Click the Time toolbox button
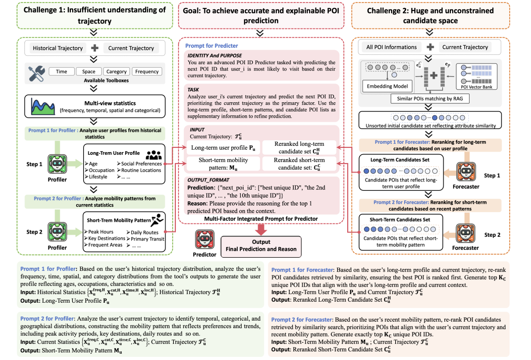point(61,72)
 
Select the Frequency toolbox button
point(147,72)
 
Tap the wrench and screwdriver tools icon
point(37,73)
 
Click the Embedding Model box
point(387,86)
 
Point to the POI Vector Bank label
point(476,87)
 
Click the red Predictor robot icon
point(205,239)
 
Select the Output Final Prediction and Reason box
point(261,246)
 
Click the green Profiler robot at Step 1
point(57,164)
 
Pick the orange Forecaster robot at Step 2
point(465,234)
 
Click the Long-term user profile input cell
point(223,148)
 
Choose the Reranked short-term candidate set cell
point(299,164)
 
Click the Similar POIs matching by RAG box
point(430,99)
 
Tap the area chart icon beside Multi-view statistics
point(42,106)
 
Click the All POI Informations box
point(391,47)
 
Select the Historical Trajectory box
point(58,48)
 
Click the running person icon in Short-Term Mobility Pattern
point(157,220)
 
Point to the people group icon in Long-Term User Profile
point(154,155)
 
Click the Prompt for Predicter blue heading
point(211,46)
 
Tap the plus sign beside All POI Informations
point(430,47)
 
